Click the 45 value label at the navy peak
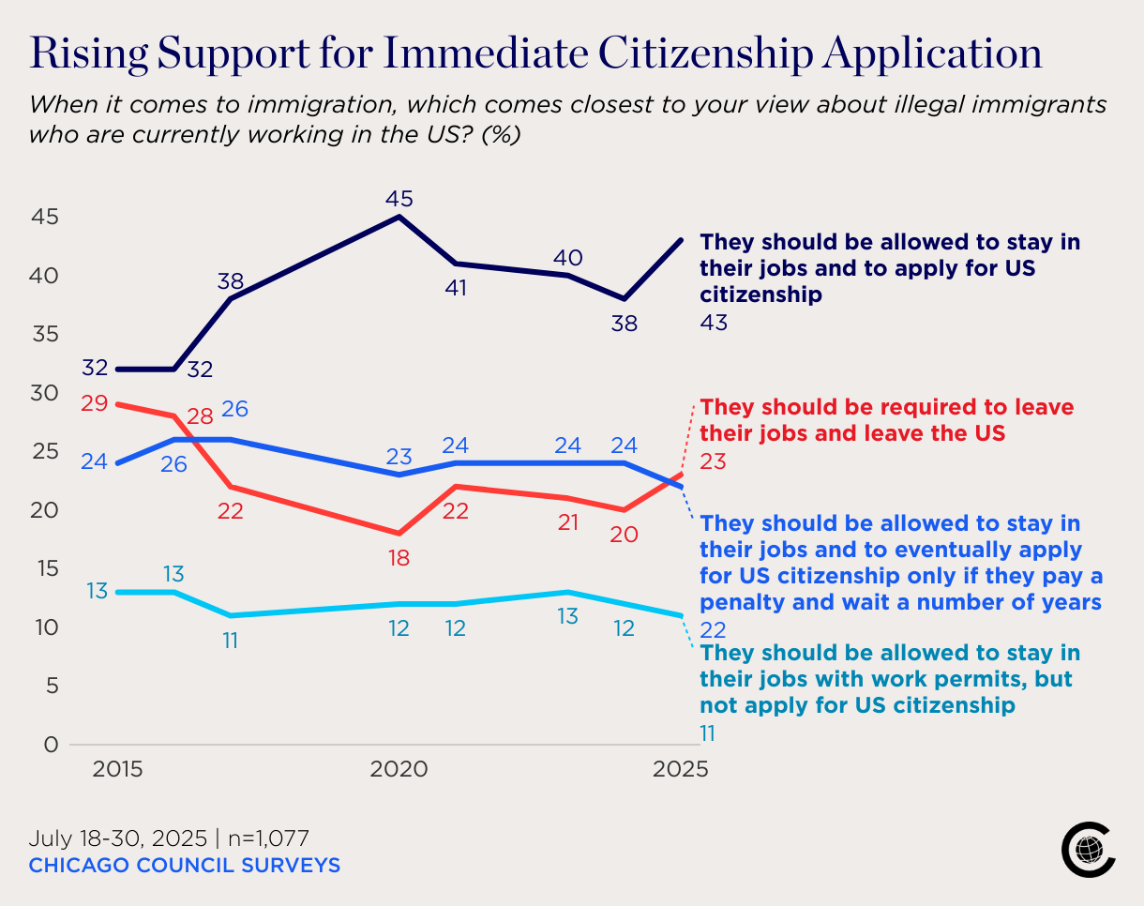pyautogui.click(x=399, y=199)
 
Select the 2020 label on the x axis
pyautogui.click(x=399, y=770)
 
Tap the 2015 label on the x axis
pyautogui.click(x=117, y=770)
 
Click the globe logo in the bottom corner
pyautogui.click(x=1088, y=851)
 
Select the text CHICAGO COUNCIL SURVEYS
pyautogui.click(x=185, y=865)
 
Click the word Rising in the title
pyautogui.click(x=86, y=53)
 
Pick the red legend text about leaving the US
pyautogui.click(x=886, y=420)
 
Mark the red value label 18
pyautogui.click(x=399, y=558)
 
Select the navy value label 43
pyautogui.click(x=714, y=323)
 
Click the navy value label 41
pyautogui.click(x=456, y=287)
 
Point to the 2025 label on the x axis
pyautogui.click(x=681, y=770)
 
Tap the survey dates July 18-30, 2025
pyautogui.click(x=116, y=838)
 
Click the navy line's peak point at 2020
pyautogui.click(x=400, y=217)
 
